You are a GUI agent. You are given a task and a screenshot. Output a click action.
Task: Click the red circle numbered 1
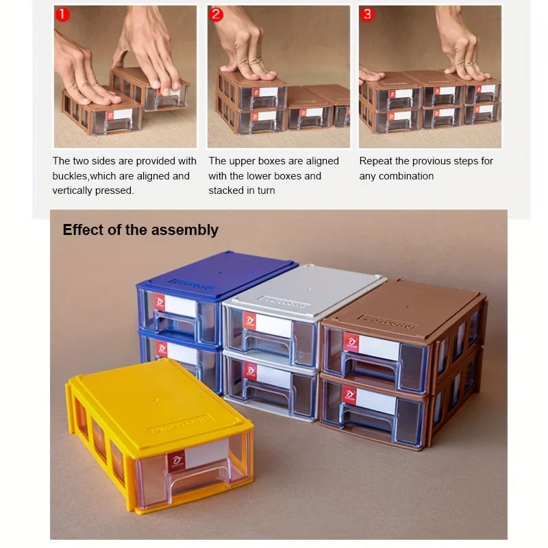62,14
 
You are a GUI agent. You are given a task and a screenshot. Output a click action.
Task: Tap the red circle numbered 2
216,14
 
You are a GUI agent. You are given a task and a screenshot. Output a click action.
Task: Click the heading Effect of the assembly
140,230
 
